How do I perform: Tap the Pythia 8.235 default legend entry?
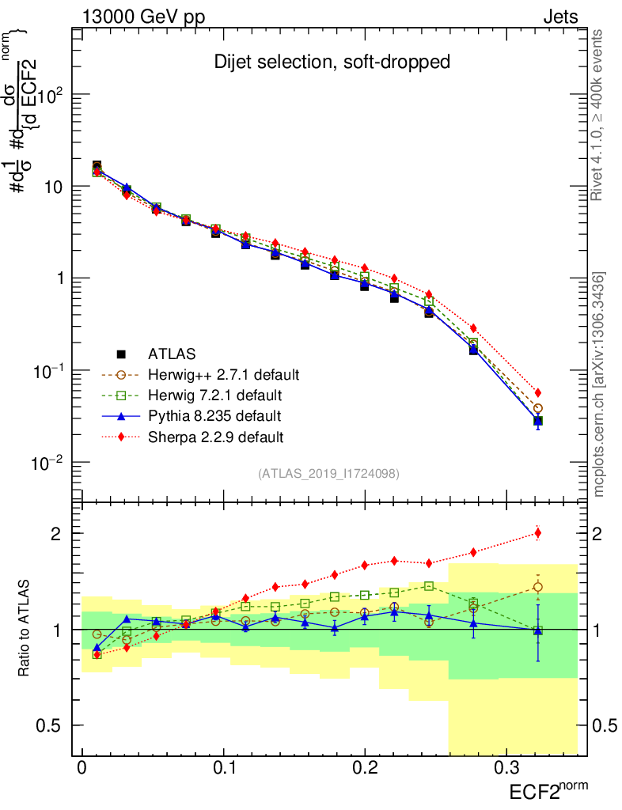pos(214,415)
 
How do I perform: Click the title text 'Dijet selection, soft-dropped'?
pos(332,62)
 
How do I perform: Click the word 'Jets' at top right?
pos(560,17)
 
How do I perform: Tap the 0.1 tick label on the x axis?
pos(224,767)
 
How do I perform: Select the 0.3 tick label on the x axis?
pos(506,767)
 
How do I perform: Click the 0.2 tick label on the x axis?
pos(365,767)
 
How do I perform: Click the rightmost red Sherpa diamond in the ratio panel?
pos(538,532)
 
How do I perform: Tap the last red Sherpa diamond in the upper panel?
pos(538,392)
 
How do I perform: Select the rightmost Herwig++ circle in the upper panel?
pos(538,408)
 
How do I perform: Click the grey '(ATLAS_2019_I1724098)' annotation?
pos(328,474)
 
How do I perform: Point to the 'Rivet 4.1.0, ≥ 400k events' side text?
pos(598,115)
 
